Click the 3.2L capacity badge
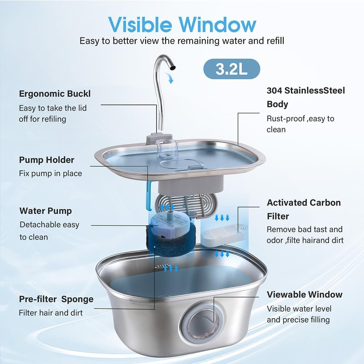(x=232, y=69)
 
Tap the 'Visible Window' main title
(x=182, y=24)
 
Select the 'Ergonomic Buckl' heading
(x=55, y=94)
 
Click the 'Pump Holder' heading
(x=47, y=160)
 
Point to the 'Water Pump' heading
(x=45, y=211)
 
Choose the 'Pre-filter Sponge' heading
(x=56, y=299)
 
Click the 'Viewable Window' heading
(x=305, y=294)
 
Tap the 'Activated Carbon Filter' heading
(x=304, y=209)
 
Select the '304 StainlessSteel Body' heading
(x=306, y=97)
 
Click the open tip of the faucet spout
(x=173, y=67)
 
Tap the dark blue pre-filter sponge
(x=171, y=240)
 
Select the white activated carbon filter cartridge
(x=222, y=234)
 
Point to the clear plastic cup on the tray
(x=167, y=149)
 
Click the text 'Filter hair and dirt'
(x=51, y=313)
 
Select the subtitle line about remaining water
(x=182, y=41)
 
